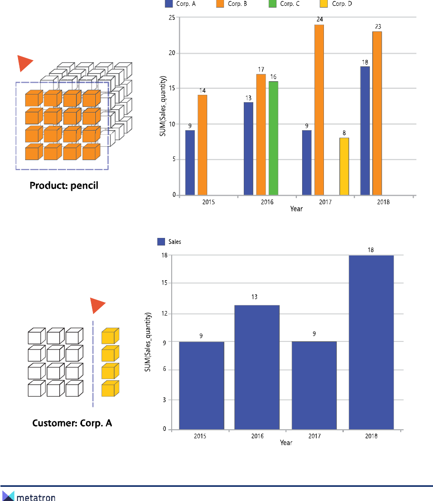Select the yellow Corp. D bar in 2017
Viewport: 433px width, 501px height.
click(x=344, y=166)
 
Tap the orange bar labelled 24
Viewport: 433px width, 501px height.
click(x=319, y=110)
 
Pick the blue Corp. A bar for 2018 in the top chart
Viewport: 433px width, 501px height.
click(x=365, y=131)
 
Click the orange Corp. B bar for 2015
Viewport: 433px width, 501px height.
click(x=203, y=145)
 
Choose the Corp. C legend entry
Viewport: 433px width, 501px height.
click(x=290, y=4)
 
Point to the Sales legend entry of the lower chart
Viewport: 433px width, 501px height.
click(x=169, y=242)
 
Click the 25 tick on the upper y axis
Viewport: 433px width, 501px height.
click(x=172, y=18)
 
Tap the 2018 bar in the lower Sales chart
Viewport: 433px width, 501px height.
click(x=371, y=342)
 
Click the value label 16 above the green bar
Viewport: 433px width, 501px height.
click(x=273, y=77)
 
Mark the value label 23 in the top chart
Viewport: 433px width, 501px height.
click(x=377, y=27)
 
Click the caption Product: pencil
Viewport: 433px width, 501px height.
click(x=64, y=186)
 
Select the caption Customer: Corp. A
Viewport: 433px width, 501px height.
click(x=72, y=423)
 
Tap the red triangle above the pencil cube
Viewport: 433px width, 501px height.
click(x=24, y=63)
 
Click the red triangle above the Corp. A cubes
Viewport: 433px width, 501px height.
click(x=97, y=305)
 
